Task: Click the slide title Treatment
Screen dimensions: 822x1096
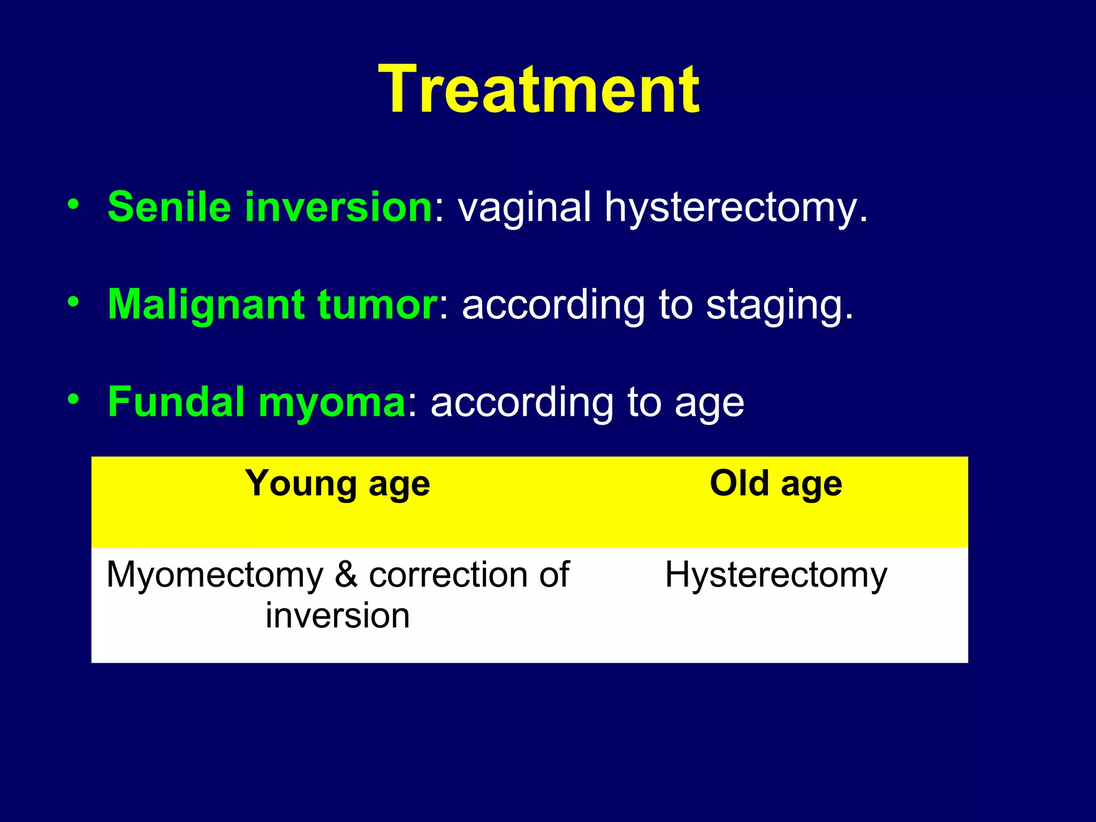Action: (x=538, y=90)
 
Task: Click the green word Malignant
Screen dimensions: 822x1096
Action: (x=206, y=305)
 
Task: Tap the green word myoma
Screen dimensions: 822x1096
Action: (x=332, y=402)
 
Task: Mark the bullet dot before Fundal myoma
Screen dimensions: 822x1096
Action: (x=73, y=399)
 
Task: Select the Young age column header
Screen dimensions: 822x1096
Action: (x=337, y=484)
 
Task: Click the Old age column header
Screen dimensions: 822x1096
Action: (x=775, y=484)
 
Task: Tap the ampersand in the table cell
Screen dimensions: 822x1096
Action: (x=346, y=575)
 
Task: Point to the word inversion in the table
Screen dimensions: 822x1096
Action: (x=337, y=615)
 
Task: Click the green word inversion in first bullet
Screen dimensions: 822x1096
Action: (x=338, y=207)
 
